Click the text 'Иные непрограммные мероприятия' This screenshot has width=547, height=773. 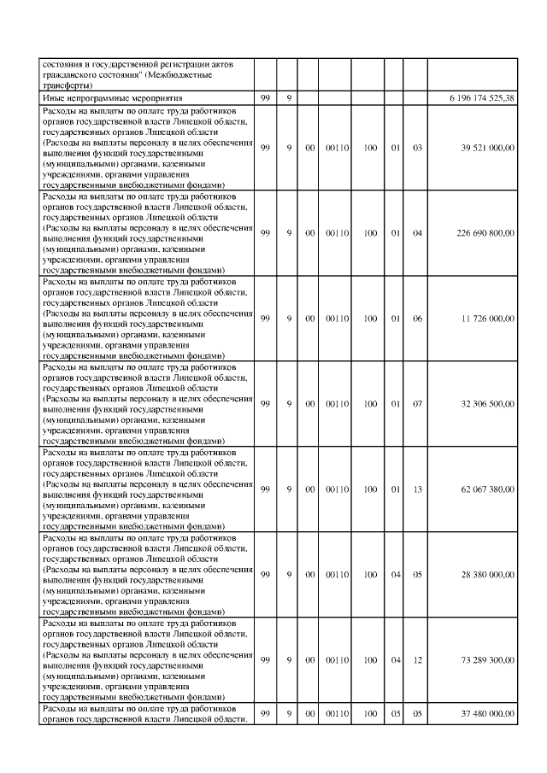tap(102, 99)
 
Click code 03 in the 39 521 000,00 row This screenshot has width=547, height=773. tap(417, 147)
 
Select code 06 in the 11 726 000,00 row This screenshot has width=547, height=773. tap(417, 318)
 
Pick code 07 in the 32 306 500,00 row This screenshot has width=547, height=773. tap(417, 403)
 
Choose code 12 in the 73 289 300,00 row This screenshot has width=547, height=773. tap(417, 659)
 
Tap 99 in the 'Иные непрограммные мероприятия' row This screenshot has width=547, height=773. tap(265, 99)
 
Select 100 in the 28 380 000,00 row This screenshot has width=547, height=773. tap(370, 574)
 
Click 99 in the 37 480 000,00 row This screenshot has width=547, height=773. tap(265, 713)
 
